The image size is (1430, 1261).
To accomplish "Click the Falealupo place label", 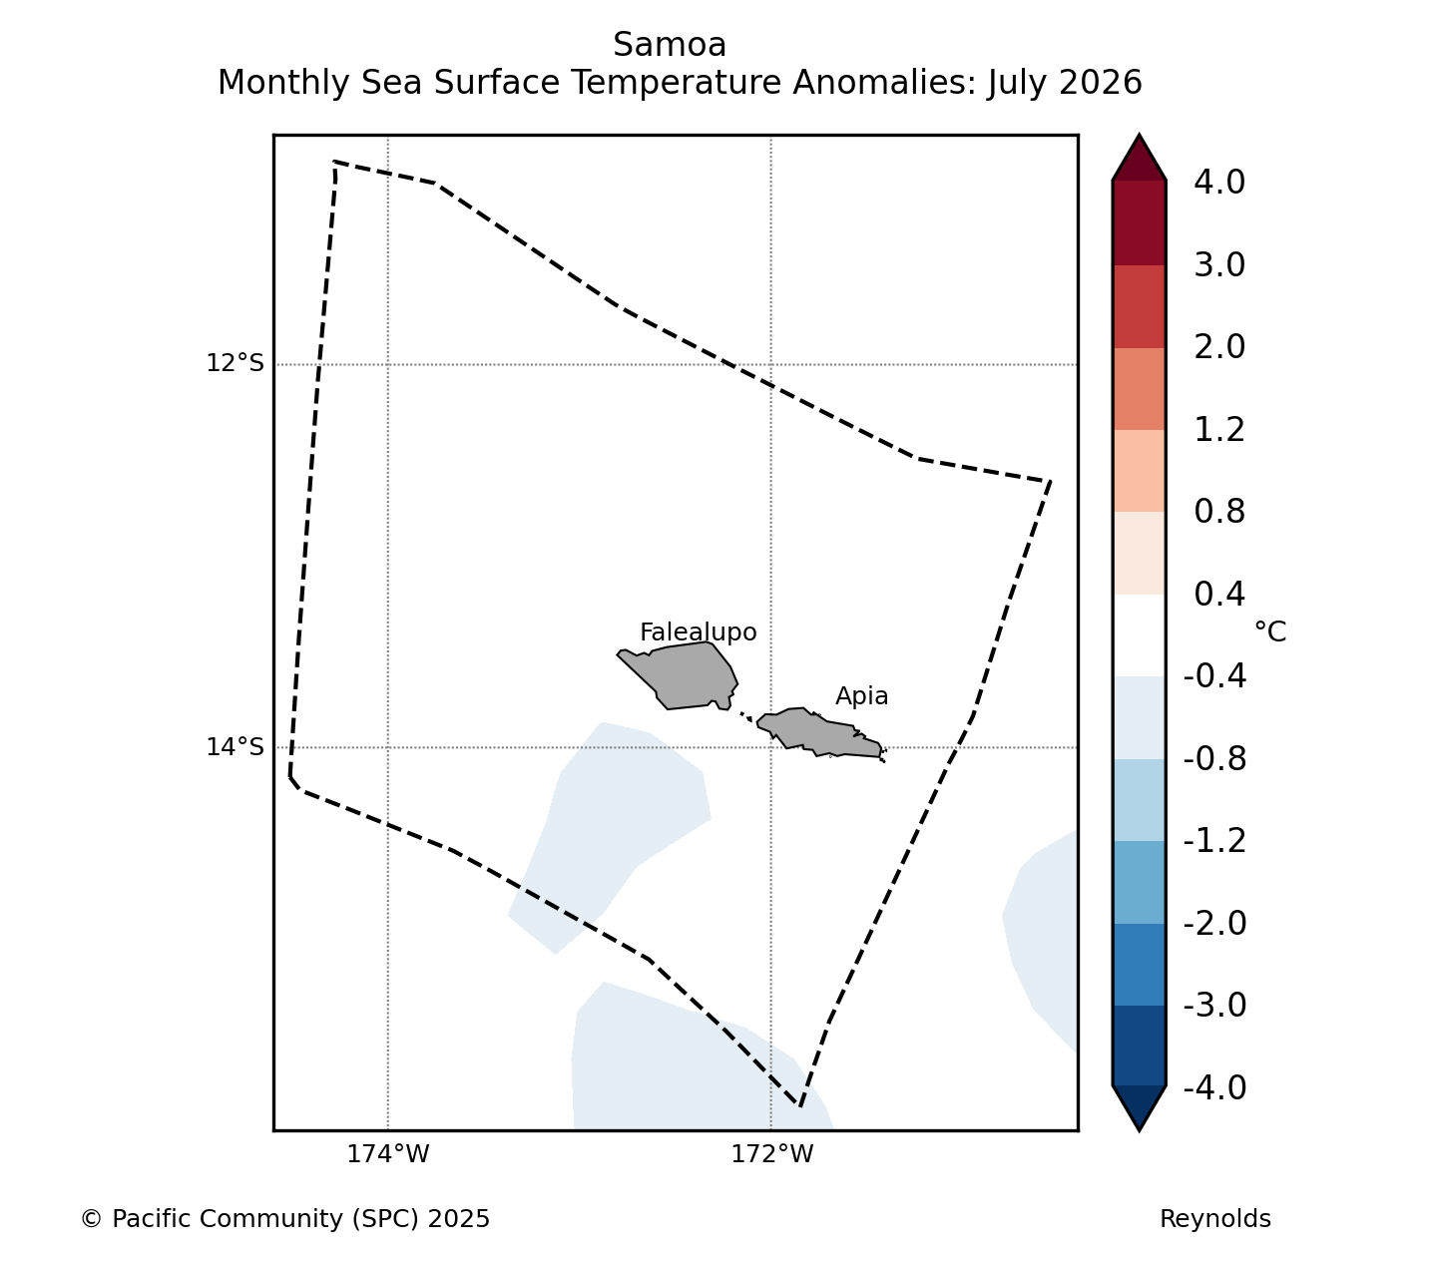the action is [698, 632].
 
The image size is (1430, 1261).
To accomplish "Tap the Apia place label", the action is [861, 696].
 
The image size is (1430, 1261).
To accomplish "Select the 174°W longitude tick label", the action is [387, 1153].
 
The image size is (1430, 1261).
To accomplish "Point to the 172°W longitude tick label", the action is [771, 1153].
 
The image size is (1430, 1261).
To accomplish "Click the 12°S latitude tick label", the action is [235, 363].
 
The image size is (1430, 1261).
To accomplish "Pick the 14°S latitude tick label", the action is [235, 746].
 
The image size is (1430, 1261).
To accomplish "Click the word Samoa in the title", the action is [670, 45].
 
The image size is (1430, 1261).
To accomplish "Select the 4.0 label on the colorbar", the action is [1219, 182].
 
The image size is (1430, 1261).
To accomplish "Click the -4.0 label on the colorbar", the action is [1214, 1087].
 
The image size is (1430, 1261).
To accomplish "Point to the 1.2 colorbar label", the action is [1219, 430].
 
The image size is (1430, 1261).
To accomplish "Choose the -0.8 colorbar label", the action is [1214, 759].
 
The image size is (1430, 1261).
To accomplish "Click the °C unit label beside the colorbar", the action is [1269, 631].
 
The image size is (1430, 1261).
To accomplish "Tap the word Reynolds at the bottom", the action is [1214, 1219].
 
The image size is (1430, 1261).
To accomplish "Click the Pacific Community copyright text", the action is [285, 1219].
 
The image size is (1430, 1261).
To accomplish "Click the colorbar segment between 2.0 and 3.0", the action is [1139, 306].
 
